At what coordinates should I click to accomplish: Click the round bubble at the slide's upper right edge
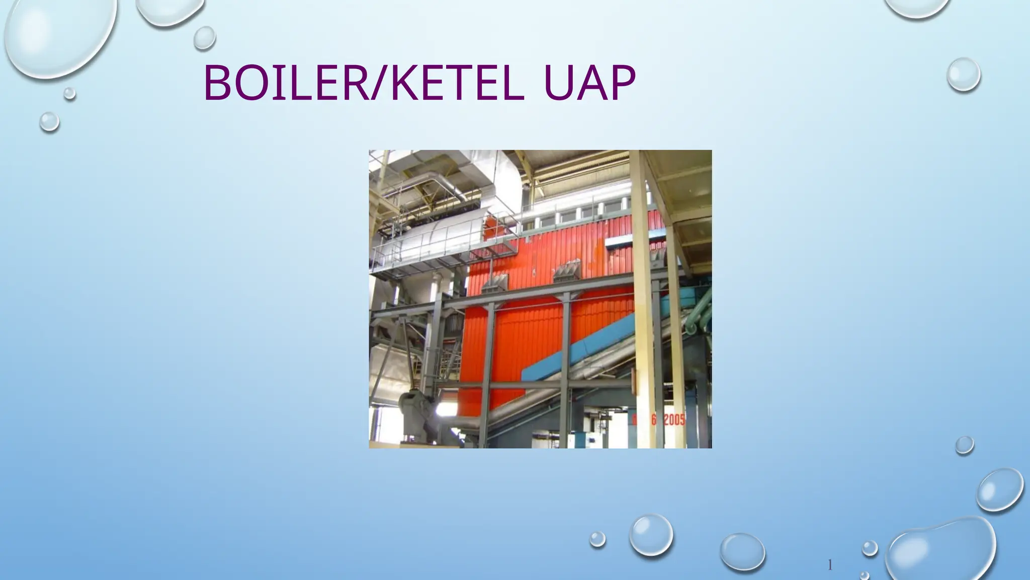tap(964, 75)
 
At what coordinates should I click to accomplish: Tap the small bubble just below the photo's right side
tap(964, 445)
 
